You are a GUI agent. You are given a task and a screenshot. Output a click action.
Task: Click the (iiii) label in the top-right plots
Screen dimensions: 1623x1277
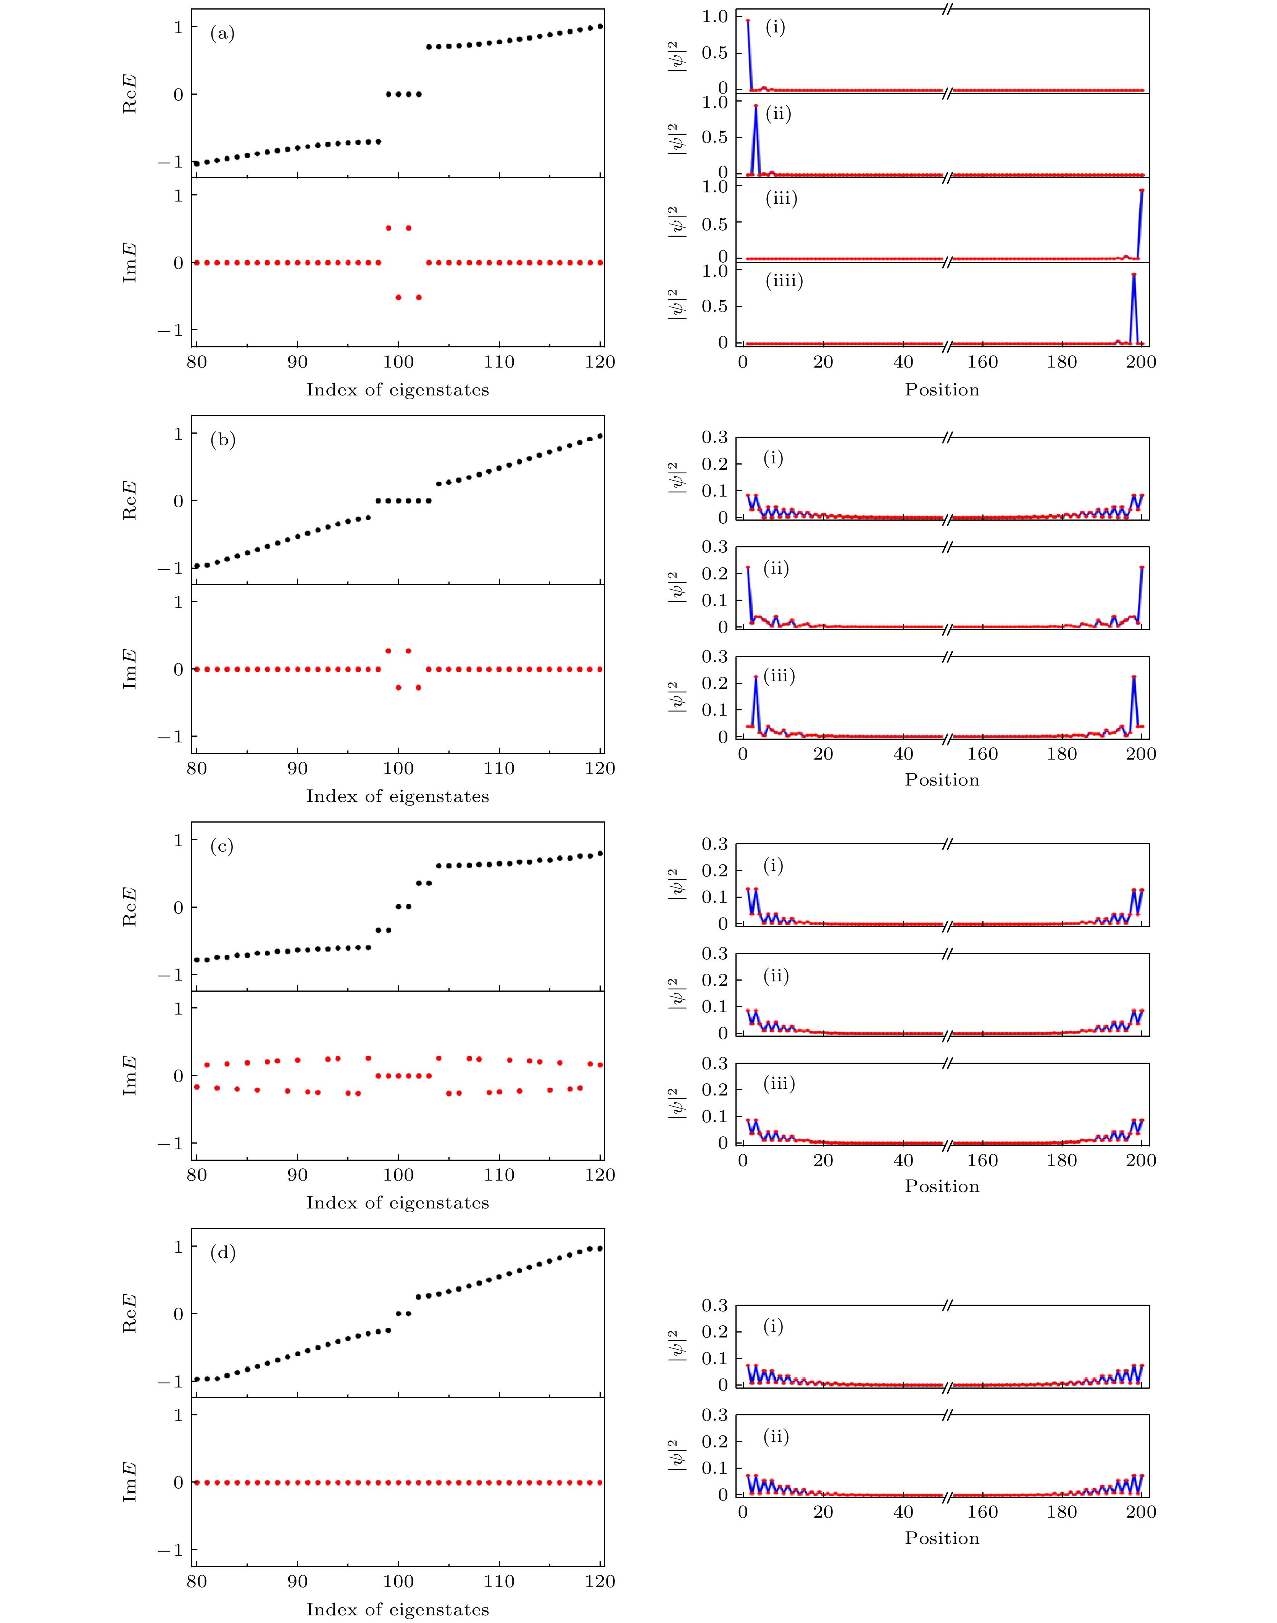coord(784,281)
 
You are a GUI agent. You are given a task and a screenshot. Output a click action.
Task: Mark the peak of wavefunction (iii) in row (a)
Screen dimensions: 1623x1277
coord(1142,190)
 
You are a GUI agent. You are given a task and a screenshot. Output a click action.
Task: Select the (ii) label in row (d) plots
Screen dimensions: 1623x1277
coord(776,1437)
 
